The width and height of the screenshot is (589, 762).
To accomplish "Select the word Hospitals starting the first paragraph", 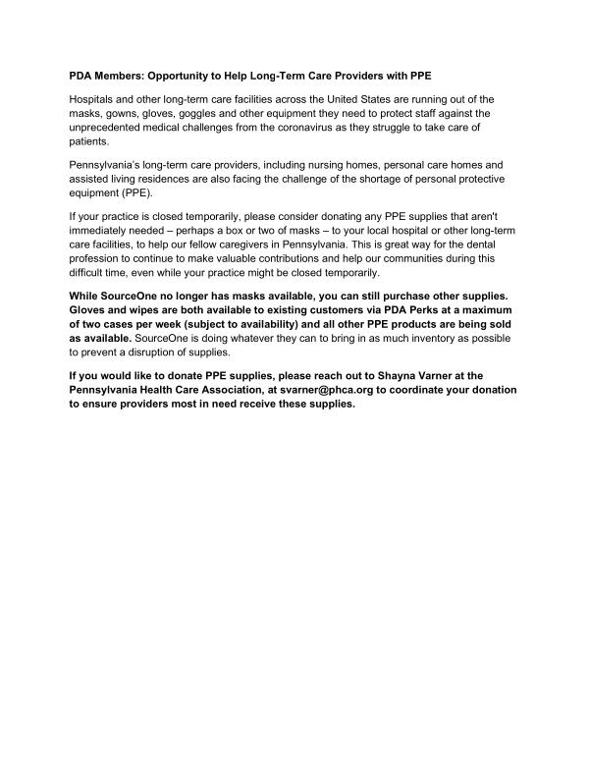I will tap(91, 100).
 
